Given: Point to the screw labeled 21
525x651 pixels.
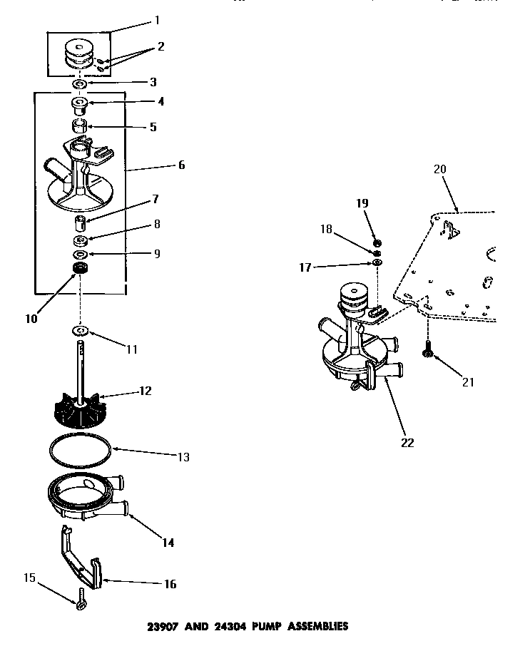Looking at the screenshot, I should tap(429, 349).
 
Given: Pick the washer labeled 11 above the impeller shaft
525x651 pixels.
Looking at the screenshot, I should tap(79, 331).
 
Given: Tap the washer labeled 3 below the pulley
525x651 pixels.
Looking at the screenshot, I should tap(80, 85).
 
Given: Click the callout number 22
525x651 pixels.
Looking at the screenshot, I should tap(407, 442).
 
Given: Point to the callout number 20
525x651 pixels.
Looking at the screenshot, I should tap(439, 169).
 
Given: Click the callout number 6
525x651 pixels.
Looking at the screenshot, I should tap(181, 165).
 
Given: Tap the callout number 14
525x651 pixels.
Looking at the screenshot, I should tap(168, 542).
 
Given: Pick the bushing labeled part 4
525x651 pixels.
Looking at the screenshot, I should tap(80, 106).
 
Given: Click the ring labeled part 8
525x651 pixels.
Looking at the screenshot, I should tap(80, 240).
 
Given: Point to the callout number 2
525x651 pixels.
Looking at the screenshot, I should tap(160, 47).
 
